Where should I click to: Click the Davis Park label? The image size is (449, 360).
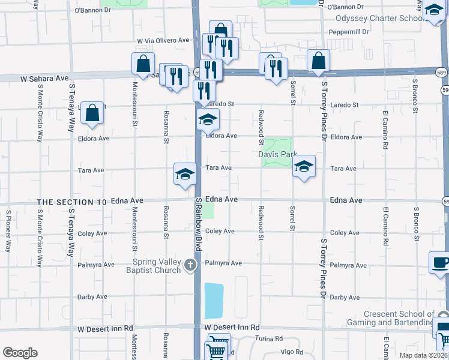coord(278,154)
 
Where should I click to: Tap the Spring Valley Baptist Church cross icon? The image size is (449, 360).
coord(190,265)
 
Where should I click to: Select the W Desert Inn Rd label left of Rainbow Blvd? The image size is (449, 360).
coord(105,329)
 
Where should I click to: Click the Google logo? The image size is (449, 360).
coord(20,353)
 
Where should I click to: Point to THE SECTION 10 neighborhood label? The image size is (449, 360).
coord(72,202)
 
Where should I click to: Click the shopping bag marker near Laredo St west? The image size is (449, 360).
coord(92,113)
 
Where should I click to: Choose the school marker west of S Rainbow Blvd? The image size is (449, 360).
coord(185,174)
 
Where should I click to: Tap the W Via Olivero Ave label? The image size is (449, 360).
coord(163,41)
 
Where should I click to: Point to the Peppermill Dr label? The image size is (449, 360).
coord(348,32)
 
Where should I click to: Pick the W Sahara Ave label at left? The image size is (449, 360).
coord(44,78)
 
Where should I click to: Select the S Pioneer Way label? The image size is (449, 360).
coord(8,230)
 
